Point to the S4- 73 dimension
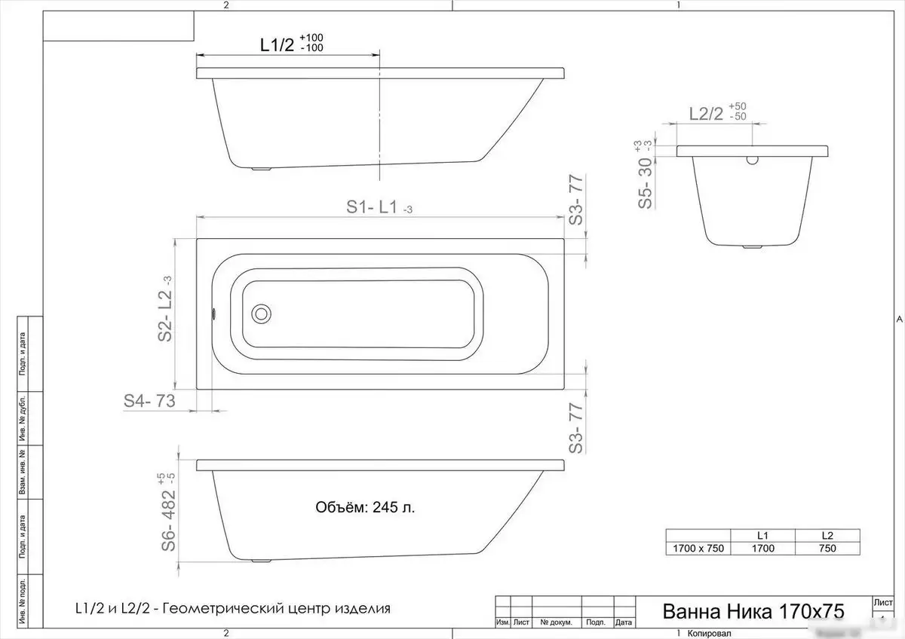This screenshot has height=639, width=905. click(149, 402)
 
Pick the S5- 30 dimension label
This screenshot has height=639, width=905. click(645, 183)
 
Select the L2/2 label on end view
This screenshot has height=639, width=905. click(707, 114)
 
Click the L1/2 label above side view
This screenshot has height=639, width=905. click(277, 44)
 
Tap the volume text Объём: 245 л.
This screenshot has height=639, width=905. click(365, 507)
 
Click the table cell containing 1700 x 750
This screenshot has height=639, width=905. click(698, 548)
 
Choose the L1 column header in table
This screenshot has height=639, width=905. click(762, 535)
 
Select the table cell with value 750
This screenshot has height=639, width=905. click(827, 548)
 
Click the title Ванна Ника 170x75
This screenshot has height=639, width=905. click(752, 610)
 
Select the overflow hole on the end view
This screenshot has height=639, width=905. click(752, 160)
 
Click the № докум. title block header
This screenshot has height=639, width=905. click(556, 623)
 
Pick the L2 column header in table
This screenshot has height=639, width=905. click(827, 535)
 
